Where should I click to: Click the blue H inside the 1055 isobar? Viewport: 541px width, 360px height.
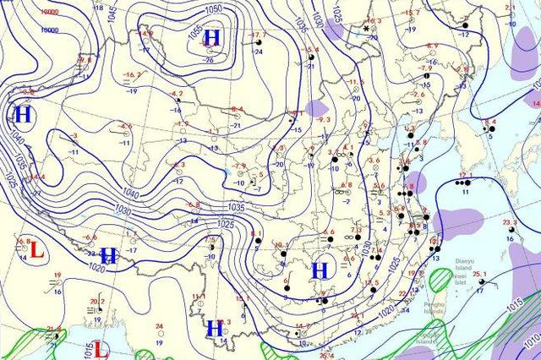click(x=212, y=37)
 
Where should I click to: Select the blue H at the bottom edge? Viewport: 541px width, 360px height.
click(x=215, y=330)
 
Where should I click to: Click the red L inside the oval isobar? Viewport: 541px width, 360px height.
click(x=36, y=250)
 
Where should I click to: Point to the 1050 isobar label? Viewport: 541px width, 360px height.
click(x=214, y=8)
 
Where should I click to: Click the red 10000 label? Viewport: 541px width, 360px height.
click(x=49, y=13)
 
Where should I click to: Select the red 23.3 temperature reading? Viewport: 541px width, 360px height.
click(x=510, y=221)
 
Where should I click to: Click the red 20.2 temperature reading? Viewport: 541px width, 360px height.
click(x=97, y=301)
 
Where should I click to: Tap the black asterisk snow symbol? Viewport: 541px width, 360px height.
click(x=366, y=29)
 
